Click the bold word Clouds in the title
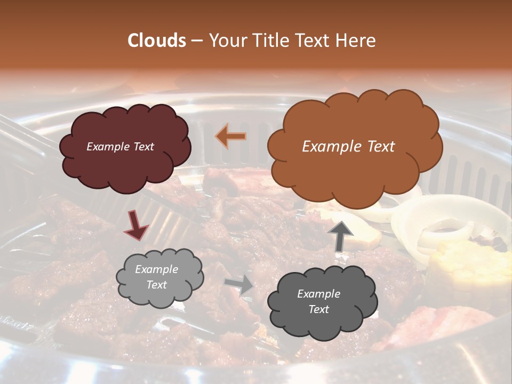pos(156,41)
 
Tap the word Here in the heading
pos(356,41)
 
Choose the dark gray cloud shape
pos(320,325)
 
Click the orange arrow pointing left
pos(231,137)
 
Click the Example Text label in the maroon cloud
pos(120,147)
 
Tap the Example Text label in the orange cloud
pos(348,147)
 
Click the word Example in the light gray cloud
pos(156,269)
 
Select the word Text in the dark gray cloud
pos(318,309)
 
